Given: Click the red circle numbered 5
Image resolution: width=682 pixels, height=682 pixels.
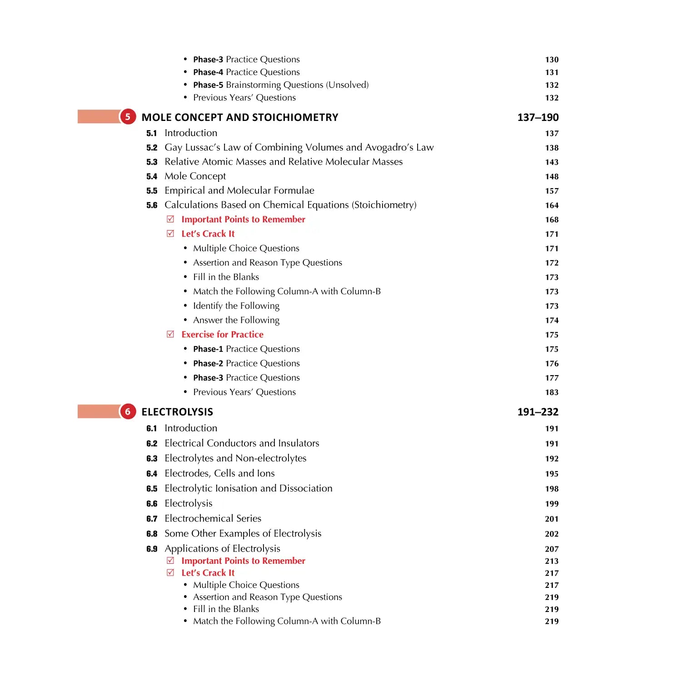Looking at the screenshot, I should point(128,117).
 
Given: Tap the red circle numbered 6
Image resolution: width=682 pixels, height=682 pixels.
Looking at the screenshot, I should point(128,411).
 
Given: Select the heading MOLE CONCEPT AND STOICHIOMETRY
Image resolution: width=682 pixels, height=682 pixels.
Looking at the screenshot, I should point(240,117).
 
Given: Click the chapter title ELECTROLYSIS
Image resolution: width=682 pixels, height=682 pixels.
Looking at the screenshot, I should point(177,412).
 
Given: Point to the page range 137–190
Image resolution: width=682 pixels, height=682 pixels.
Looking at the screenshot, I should point(538,117).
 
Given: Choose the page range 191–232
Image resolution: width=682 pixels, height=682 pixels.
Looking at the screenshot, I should point(538,412).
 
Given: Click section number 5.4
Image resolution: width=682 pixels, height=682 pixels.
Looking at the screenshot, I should point(152,176).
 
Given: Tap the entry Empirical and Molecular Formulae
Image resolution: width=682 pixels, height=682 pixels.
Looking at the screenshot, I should point(239,191).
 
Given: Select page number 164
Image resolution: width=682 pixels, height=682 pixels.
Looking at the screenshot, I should point(552,206).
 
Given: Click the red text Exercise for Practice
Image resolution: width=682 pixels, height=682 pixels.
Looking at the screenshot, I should point(222,335).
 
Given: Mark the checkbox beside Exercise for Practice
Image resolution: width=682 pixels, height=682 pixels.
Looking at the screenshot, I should point(170,334).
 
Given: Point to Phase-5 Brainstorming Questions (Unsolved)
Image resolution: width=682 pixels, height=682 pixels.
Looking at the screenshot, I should point(280,85).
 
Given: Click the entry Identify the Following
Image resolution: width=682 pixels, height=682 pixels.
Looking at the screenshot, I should point(236,306).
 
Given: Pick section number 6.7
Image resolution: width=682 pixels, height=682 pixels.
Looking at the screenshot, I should point(152,519).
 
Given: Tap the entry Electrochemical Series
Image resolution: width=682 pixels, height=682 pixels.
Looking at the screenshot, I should point(213,518).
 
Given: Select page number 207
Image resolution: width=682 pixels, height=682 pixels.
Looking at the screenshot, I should point(552,549).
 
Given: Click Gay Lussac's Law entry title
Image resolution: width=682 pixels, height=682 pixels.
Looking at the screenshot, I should point(299,147).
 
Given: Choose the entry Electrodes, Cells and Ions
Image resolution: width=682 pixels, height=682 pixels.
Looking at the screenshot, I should point(219,473).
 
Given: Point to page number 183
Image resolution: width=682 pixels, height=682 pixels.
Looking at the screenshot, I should point(552,392).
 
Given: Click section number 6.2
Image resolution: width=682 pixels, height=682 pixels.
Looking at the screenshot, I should point(152,444).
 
